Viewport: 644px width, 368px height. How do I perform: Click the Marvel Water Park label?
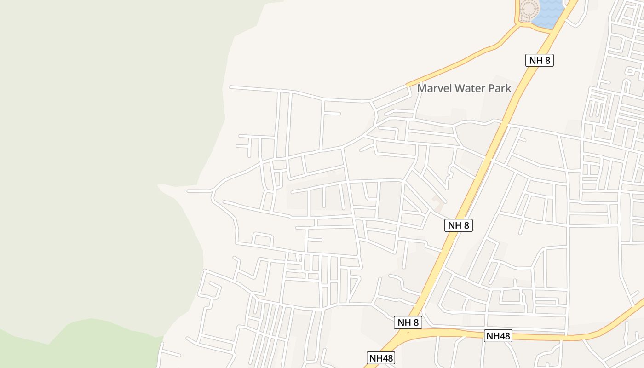(464, 88)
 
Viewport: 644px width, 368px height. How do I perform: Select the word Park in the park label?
(500, 88)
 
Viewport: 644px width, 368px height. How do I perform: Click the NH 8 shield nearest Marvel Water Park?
(539, 60)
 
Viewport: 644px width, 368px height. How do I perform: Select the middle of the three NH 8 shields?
(459, 225)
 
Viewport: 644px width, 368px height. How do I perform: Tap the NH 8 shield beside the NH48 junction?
(408, 322)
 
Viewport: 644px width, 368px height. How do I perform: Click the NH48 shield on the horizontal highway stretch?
(498, 336)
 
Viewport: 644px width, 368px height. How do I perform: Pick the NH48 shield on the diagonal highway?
(381, 358)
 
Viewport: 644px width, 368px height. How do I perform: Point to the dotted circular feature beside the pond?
(529, 10)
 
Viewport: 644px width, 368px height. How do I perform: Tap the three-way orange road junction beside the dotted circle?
(518, 24)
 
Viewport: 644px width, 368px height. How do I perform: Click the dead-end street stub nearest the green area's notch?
(189, 190)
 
